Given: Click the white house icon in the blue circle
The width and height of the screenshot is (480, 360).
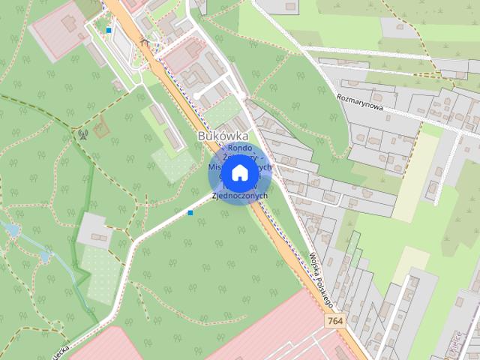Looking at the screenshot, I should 238,173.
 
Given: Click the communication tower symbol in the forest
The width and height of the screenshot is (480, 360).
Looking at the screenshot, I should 82,135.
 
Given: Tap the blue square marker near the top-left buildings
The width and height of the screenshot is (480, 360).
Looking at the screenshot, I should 109,31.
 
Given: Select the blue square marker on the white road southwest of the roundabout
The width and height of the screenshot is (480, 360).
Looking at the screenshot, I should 190,213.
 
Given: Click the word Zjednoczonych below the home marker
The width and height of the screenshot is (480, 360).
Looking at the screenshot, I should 241,195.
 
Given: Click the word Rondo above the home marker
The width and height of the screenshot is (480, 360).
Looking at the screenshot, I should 239,148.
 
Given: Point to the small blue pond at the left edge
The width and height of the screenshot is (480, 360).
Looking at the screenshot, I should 12,229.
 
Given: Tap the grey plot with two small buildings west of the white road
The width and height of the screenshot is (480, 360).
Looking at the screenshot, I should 95,231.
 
